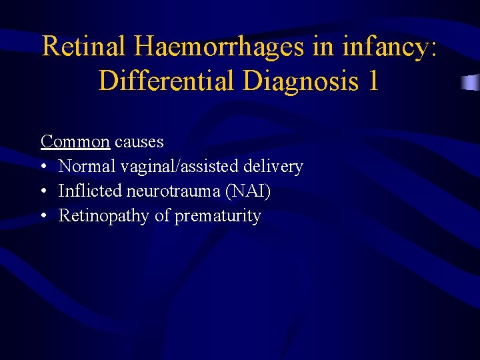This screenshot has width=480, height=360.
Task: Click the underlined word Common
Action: [75, 141]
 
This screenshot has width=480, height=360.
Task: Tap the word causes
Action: [139, 141]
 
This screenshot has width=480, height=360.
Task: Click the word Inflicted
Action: [88, 191]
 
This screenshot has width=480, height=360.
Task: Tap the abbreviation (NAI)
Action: [248, 191]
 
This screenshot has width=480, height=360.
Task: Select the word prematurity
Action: [217, 216]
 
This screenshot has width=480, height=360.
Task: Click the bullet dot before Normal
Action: [44, 167]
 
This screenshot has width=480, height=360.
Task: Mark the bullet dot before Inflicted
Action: [44, 192]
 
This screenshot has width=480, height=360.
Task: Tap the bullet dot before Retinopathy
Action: [44, 217]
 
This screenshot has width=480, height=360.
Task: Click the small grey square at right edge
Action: [471, 83]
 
